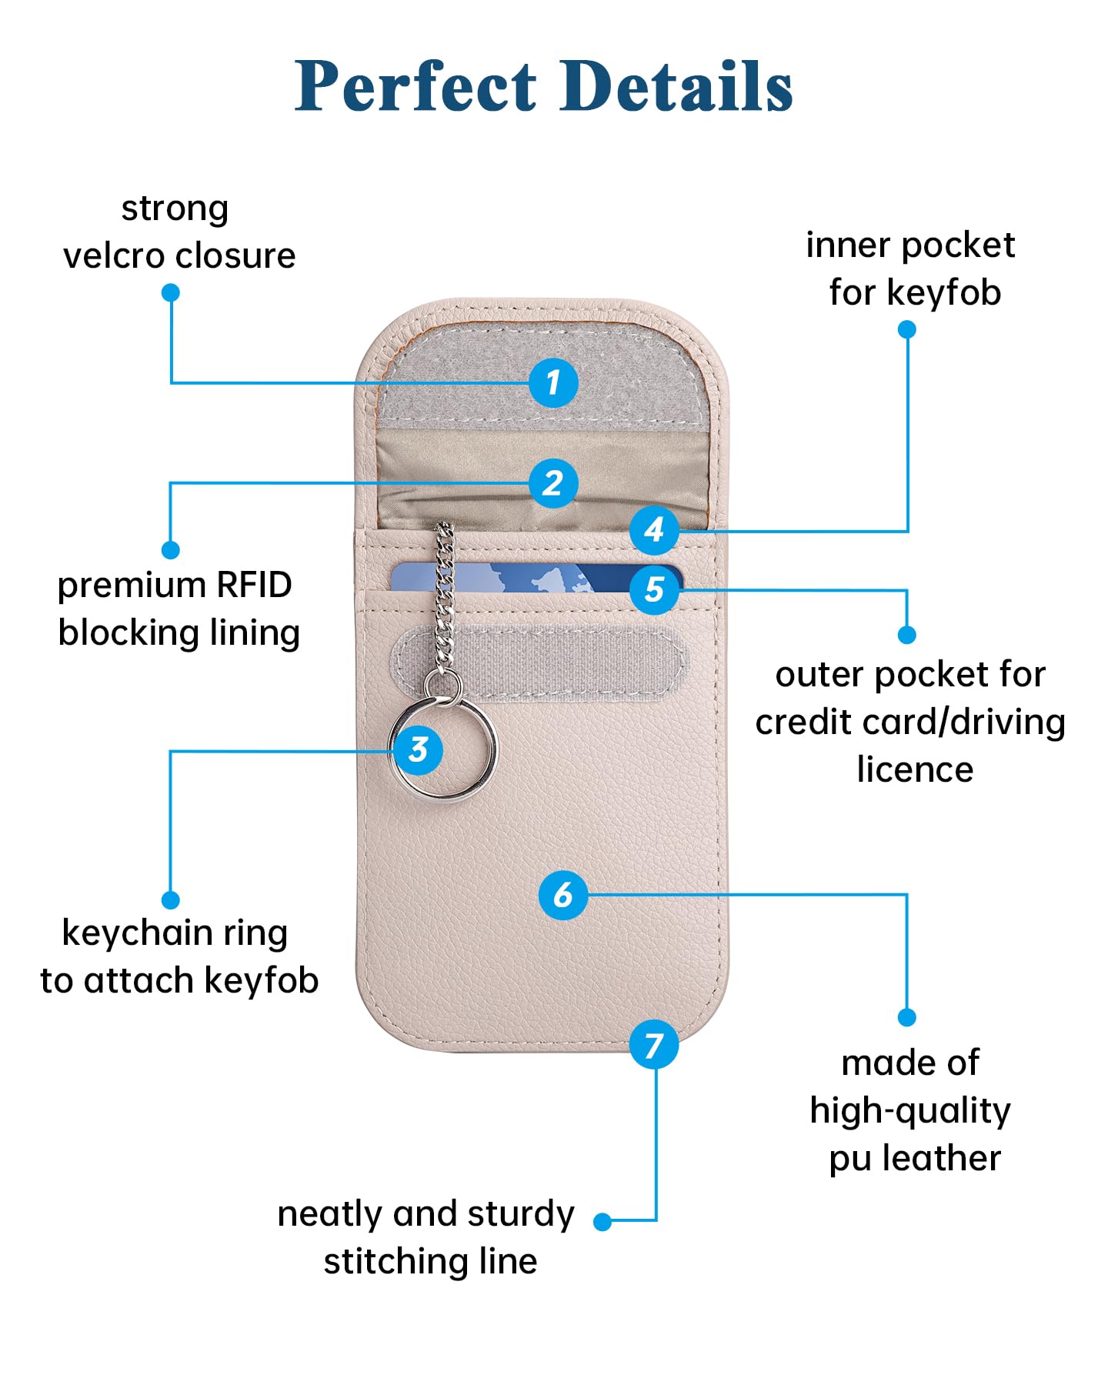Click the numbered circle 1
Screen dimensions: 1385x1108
click(x=553, y=382)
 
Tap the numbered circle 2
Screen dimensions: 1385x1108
click(x=553, y=483)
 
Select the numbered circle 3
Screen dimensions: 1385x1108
click(x=418, y=749)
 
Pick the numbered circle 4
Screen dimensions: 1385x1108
click(x=654, y=529)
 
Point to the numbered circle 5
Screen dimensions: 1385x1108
click(x=654, y=590)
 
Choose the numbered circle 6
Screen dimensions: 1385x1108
click(x=563, y=895)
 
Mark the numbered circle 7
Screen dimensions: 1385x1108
click(x=654, y=1045)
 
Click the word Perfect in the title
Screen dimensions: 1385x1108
click(x=416, y=86)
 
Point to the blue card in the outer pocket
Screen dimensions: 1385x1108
click(x=539, y=578)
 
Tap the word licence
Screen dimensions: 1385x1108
click(x=915, y=769)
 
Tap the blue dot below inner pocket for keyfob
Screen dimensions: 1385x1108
click(x=907, y=329)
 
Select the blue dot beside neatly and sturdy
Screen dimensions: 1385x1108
click(x=603, y=1221)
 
